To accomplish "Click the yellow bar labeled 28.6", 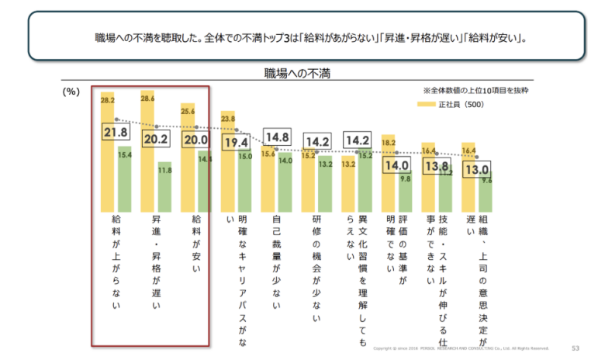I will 146,147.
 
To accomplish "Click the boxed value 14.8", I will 276,138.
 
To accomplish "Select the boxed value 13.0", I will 475,168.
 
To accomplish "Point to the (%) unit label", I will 71,92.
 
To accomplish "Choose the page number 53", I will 575,348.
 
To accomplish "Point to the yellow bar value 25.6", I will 187,110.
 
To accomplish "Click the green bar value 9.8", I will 405,178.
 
